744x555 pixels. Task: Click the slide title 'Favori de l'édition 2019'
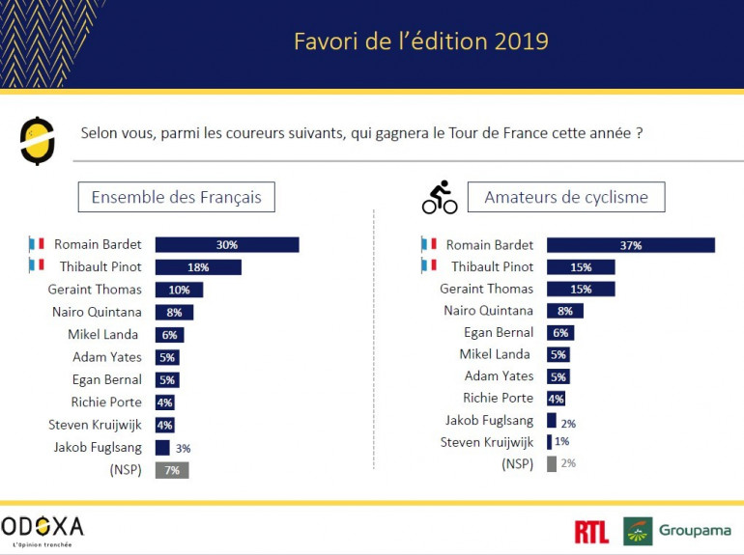click(420, 42)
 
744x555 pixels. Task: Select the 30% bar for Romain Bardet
click(227, 245)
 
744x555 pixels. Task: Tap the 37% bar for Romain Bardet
click(630, 245)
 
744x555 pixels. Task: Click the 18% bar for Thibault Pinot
click(198, 267)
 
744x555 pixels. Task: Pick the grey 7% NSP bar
click(171, 470)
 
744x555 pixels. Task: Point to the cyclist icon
click(440, 198)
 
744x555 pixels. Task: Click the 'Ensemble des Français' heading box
click(176, 197)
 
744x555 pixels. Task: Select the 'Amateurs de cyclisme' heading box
click(565, 197)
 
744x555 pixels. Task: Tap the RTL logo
click(591, 531)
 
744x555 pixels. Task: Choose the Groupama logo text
click(694, 531)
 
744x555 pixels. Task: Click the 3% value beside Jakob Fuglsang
click(183, 448)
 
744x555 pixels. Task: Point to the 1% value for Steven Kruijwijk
click(562, 442)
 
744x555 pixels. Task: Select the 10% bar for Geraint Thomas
click(179, 290)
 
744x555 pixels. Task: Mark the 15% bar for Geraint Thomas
click(580, 289)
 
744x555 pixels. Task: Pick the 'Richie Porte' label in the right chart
click(499, 398)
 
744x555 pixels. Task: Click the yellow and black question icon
click(36, 139)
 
